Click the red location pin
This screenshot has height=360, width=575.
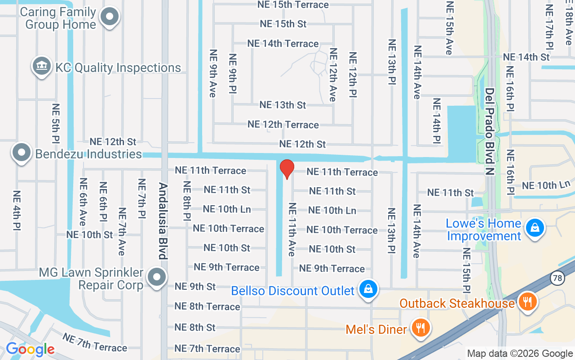[287, 169]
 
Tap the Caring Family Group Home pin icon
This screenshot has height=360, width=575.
[109, 17]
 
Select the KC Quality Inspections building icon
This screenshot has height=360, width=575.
[41, 66]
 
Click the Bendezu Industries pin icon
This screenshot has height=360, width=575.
[21, 152]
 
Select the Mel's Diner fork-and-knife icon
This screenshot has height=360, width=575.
[420, 328]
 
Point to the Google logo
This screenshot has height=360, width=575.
[30, 349]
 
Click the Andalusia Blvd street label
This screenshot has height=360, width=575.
[163, 221]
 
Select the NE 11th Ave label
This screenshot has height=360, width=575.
[292, 230]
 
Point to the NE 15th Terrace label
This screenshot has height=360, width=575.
[293, 5]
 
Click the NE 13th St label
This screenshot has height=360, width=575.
[283, 105]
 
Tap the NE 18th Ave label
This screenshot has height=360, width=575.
[569, 22]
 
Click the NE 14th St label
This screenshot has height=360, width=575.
[526, 57]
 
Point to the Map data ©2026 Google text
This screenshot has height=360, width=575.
[520, 354]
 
